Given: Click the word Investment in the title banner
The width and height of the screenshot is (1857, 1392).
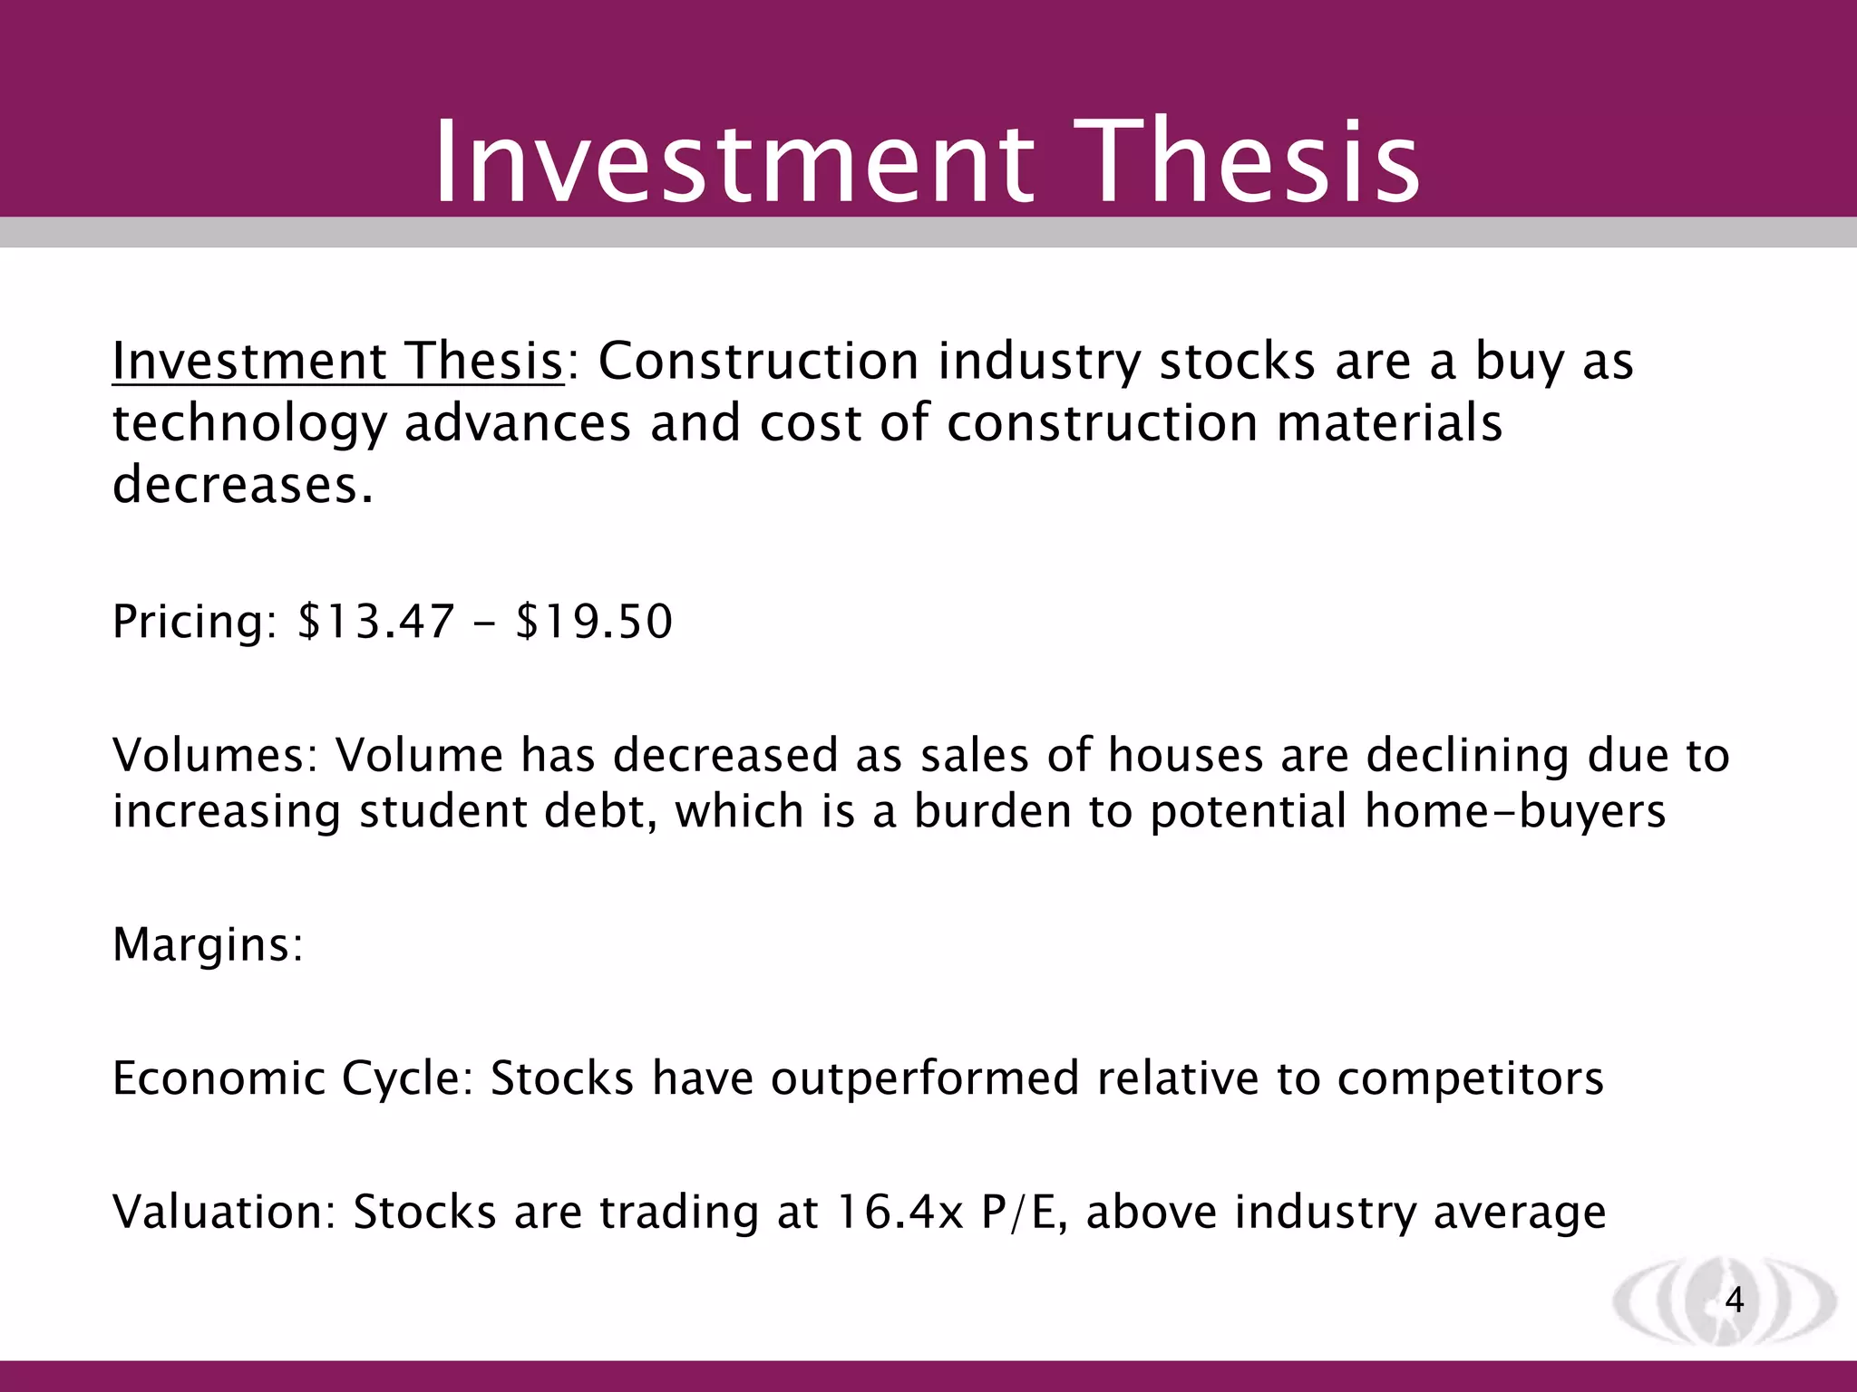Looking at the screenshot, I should [x=734, y=163].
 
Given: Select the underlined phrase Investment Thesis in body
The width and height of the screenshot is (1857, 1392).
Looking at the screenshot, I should [x=337, y=362].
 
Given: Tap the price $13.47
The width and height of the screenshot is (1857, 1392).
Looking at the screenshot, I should [x=375, y=623].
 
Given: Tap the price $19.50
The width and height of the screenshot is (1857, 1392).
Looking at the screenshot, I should [x=594, y=623].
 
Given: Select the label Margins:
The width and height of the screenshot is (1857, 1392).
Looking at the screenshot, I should [x=208, y=945].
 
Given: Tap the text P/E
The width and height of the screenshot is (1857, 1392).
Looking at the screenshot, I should [x=1018, y=1213].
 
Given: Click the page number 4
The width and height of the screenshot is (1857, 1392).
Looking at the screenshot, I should [x=1734, y=1300].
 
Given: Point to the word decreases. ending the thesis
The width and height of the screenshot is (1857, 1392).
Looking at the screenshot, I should [x=242, y=485].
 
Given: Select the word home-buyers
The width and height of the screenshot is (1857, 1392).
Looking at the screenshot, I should [x=1515, y=811].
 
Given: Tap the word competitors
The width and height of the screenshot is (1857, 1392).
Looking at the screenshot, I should [x=1470, y=1079].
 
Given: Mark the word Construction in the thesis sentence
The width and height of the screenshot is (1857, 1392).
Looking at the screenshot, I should [x=758, y=362].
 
